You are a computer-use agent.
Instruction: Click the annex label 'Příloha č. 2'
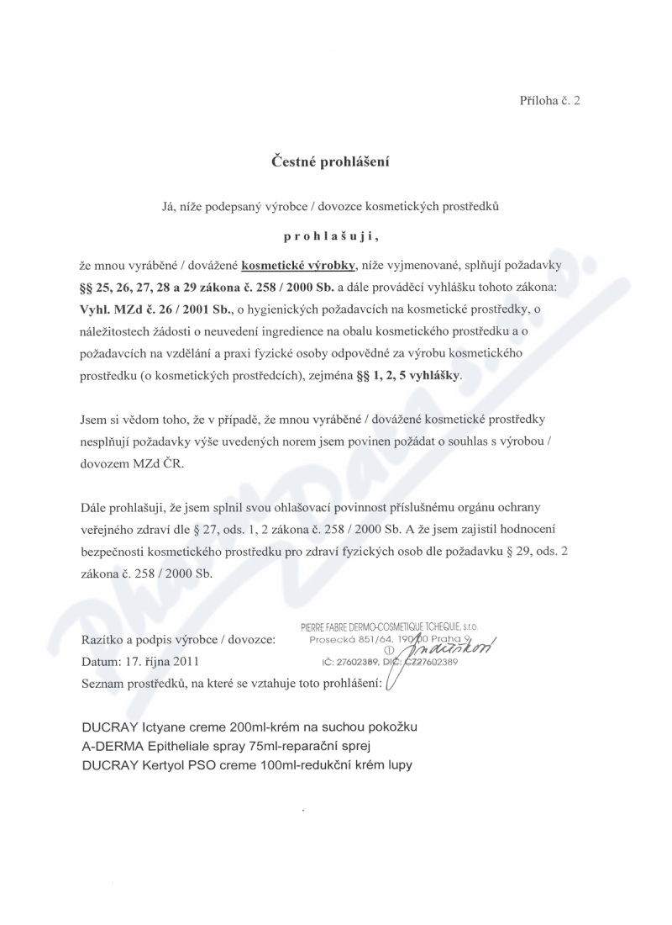[x=549, y=100]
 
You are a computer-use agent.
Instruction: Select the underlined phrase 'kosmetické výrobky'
[x=298, y=266]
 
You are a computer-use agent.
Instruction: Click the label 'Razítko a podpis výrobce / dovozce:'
[x=179, y=641]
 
